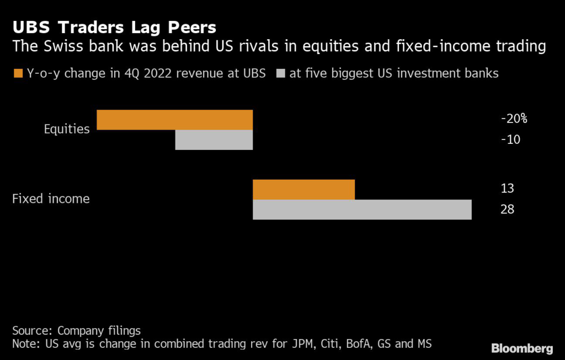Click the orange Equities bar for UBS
[174, 120]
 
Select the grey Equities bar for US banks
[214, 140]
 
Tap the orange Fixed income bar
[303, 190]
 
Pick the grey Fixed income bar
[362, 209]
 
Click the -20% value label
[514, 119]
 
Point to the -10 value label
[510, 139]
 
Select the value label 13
[508, 189]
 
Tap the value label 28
[508, 209]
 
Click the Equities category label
[67, 129]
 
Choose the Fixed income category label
[51, 198]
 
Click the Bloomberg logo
[522, 348]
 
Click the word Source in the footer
[31, 331]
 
